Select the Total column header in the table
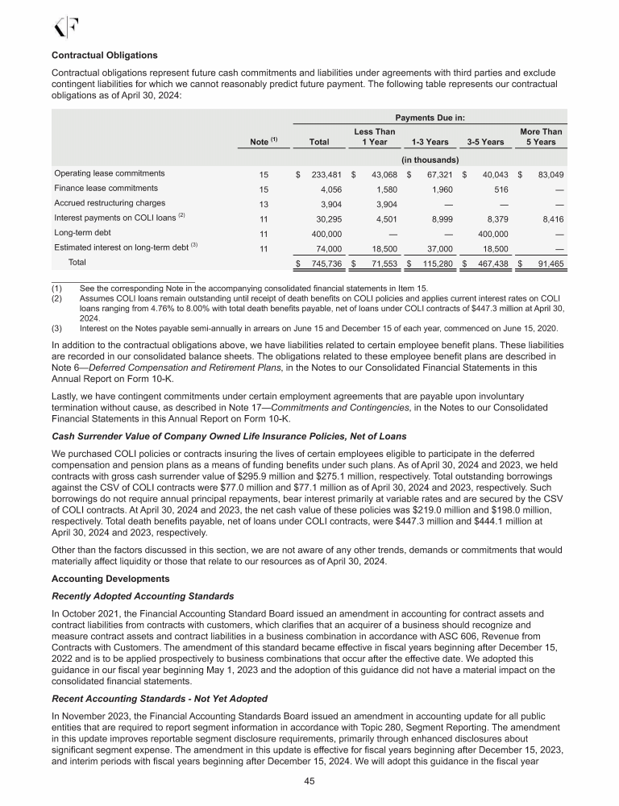319,142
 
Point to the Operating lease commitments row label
110,172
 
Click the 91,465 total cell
546,264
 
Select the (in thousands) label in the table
427,158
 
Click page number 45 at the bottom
309,781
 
